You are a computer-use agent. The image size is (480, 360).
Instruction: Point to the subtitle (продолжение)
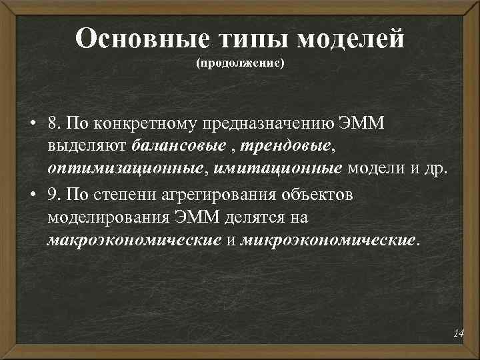tap(240, 65)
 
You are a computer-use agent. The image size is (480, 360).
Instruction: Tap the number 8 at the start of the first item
tap(51, 124)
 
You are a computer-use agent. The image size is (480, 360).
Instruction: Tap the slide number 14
tap(457, 333)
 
